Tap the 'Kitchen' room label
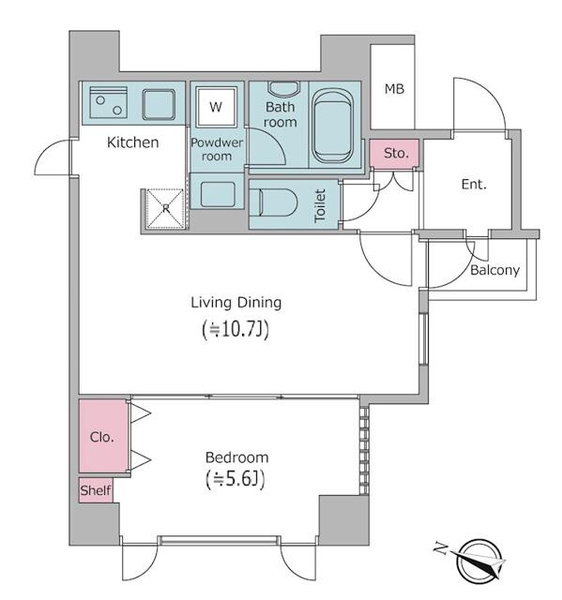[133, 142]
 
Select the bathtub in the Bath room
[332, 126]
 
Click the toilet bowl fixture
[273, 203]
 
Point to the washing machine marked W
[216, 106]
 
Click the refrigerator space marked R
[165, 209]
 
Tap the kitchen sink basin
[159, 104]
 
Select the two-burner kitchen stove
[108, 103]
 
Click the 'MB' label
[394, 89]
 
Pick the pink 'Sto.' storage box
[394, 153]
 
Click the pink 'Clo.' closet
[103, 436]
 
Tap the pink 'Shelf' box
[96, 490]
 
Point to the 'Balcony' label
[495, 270]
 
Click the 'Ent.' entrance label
[474, 184]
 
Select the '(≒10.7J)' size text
[235, 329]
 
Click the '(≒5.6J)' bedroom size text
[235, 479]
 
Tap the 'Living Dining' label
[236, 303]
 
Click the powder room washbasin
[217, 191]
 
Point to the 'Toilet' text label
[320, 205]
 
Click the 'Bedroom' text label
[237, 457]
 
